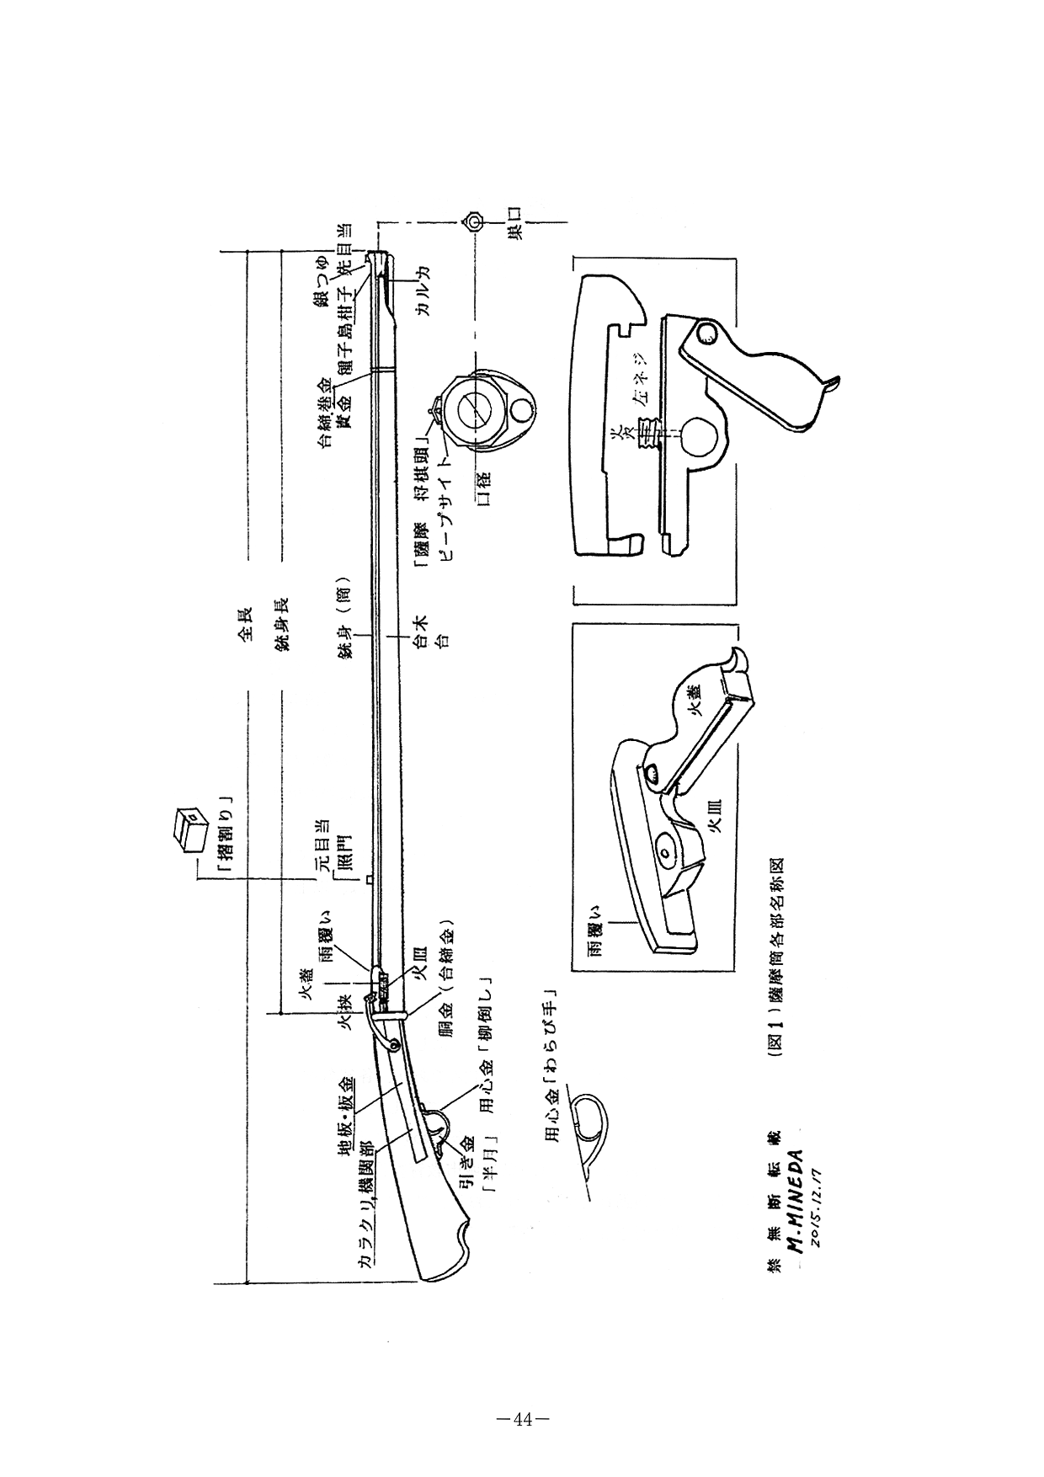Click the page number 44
522,1420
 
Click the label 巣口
515,223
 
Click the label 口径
482,489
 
